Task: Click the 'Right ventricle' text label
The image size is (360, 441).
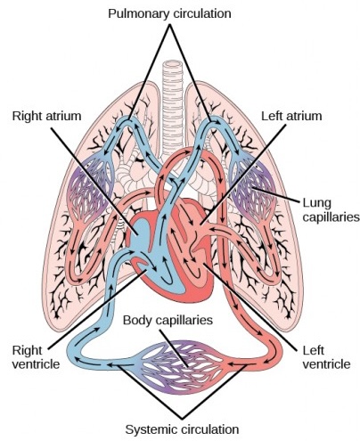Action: (x=30, y=355)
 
